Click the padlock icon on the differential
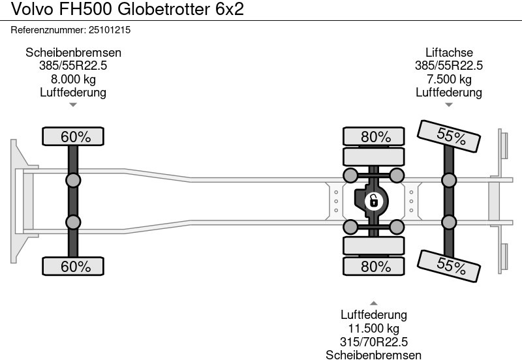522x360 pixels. pos(374,201)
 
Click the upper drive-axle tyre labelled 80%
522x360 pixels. pos(375,136)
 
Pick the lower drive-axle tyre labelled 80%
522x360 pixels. pos(375,266)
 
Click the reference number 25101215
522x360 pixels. pos(113,30)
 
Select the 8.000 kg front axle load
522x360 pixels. pos(73,80)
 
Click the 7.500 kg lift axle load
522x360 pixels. pos(449,80)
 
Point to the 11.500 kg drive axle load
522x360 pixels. pos(374,329)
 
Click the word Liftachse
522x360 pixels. pos(449,53)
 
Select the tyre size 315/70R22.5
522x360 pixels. pos(374,342)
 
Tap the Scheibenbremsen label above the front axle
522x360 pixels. pos(73,53)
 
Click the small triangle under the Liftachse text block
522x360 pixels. pos(449,104)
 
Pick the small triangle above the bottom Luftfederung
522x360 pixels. pos(374,303)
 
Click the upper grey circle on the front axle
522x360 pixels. pos(73,181)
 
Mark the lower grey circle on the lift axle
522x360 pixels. pos(449,222)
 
